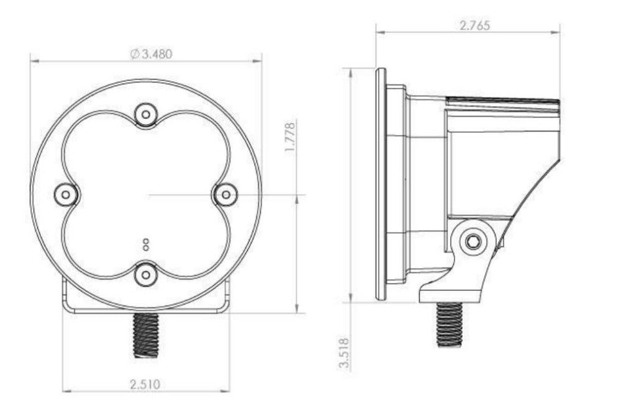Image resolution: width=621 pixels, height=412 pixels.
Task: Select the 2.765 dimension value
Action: pyautogui.click(x=474, y=25)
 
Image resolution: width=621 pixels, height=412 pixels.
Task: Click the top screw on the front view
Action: pyautogui.click(x=146, y=114)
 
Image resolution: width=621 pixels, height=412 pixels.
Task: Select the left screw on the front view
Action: pyautogui.click(x=66, y=195)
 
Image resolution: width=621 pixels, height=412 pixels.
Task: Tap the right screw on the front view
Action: pyautogui.click(x=225, y=195)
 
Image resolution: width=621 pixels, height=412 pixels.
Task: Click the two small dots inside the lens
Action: pyautogui.click(x=146, y=244)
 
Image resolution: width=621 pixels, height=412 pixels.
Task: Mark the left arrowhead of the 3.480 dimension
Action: pyautogui.click(x=34, y=61)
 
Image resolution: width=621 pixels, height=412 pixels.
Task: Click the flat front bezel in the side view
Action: pyautogui.click(x=381, y=184)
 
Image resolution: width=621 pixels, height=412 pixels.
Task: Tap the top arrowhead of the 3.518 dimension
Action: pyautogui.click(x=351, y=72)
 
